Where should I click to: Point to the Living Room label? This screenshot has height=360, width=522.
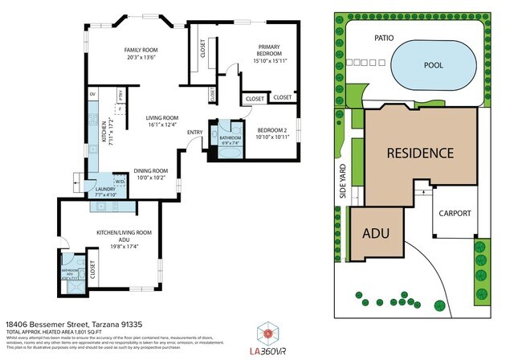click(153, 121)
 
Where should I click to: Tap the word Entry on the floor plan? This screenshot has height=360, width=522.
click(195, 133)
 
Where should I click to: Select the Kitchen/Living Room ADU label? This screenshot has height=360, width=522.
click(124, 237)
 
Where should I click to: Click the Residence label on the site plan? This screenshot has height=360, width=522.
click(420, 153)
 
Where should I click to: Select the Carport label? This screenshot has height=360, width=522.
click(455, 214)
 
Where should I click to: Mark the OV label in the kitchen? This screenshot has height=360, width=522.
click(93, 95)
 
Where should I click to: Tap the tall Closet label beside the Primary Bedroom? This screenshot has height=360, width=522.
click(202, 54)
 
